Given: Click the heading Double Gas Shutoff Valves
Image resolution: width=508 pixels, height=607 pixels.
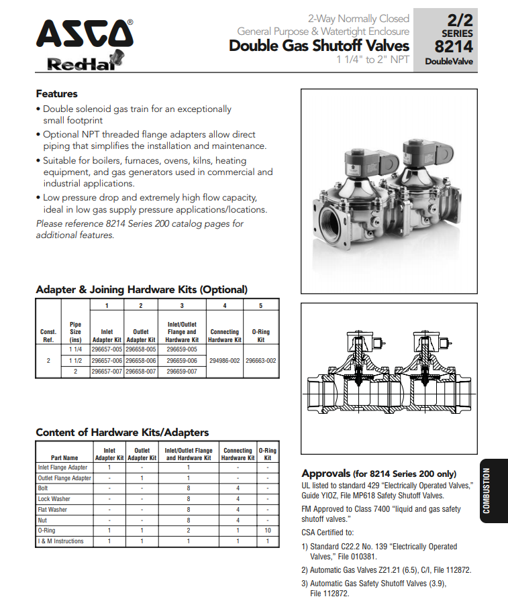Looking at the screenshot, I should click(319, 46).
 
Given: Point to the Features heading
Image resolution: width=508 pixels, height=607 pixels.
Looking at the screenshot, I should click(56, 94).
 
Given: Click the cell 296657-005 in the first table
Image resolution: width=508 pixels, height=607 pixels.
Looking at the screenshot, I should click(107, 349).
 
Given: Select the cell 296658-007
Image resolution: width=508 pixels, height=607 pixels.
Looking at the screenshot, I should click(141, 371).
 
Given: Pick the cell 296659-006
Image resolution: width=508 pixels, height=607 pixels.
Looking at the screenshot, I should click(181, 360).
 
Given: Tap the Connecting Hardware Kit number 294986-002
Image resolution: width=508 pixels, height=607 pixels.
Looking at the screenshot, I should click(225, 360).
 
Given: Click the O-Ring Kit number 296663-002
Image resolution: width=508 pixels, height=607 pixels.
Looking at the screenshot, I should click(261, 360).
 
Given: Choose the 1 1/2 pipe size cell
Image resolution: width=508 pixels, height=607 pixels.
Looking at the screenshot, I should click(75, 360).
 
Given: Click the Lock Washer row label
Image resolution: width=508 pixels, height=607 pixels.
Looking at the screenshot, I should click(54, 499).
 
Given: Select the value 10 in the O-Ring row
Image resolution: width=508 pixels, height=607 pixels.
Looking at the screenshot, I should click(268, 531).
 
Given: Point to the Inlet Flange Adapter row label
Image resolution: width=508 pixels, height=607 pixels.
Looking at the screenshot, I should click(63, 467).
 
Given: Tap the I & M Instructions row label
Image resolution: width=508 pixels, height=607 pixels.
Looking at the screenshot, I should click(61, 541).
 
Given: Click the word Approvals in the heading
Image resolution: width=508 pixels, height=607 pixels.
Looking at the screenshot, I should click(326, 473).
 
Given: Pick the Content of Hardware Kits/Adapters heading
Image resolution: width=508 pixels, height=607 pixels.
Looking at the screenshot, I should click(121, 432).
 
